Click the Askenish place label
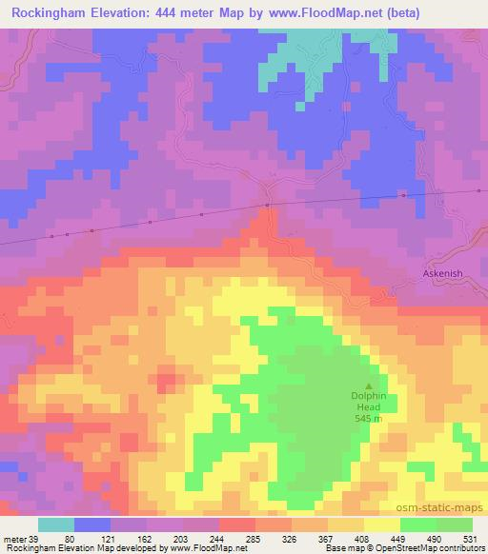point(442,273)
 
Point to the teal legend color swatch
point(56,524)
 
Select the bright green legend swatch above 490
point(455,524)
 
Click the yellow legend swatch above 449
point(381,524)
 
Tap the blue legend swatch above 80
point(93,524)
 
